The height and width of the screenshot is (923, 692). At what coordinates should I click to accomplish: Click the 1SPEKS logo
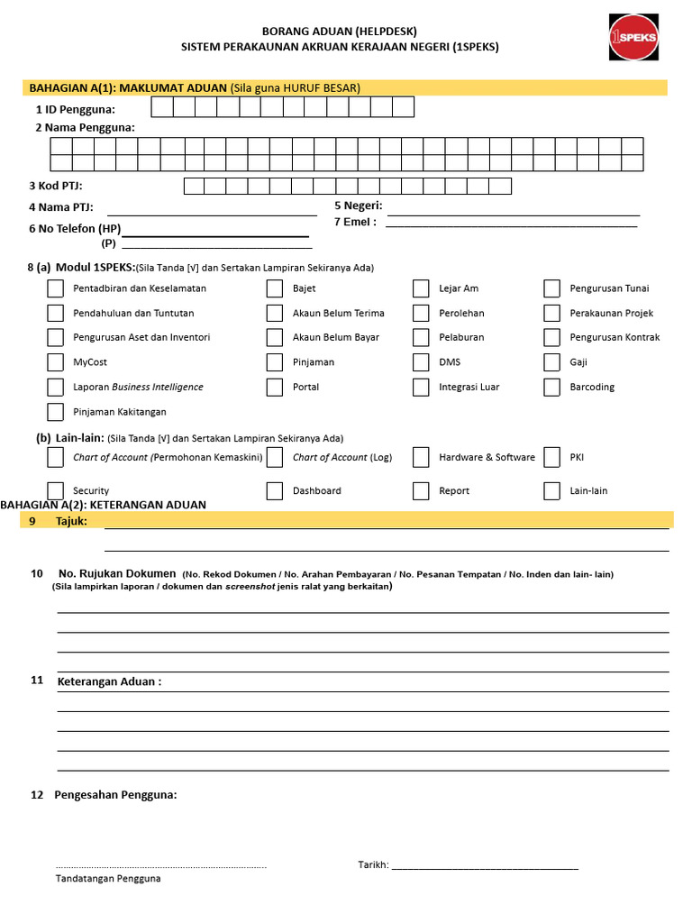(633, 37)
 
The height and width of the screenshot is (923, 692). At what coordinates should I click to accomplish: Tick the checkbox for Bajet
(275, 288)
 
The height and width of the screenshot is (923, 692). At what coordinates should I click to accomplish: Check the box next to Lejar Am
(421, 288)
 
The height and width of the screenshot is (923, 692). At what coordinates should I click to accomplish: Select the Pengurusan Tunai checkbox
(552, 288)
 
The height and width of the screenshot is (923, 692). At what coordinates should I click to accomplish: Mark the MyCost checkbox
(56, 362)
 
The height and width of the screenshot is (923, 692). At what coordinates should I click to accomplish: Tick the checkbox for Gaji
(552, 362)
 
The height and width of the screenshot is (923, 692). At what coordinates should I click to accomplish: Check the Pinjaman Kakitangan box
(56, 412)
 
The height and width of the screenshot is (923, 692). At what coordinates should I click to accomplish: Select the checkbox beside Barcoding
(552, 387)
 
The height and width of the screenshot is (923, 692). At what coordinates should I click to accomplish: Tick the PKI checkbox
(552, 457)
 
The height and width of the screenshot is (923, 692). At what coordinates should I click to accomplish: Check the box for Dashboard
(275, 491)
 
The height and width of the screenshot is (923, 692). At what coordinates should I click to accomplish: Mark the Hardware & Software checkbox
(421, 457)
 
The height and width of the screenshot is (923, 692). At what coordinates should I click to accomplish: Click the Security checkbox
(56, 491)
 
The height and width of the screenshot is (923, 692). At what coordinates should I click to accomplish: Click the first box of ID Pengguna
(161, 108)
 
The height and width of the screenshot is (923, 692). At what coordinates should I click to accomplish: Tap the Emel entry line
(511, 224)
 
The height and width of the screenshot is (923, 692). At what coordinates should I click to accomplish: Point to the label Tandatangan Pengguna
(108, 878)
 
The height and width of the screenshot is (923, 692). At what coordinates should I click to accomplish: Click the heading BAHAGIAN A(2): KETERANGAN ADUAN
(104, 505)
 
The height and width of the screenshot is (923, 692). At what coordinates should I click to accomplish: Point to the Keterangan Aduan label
(109, 681)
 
